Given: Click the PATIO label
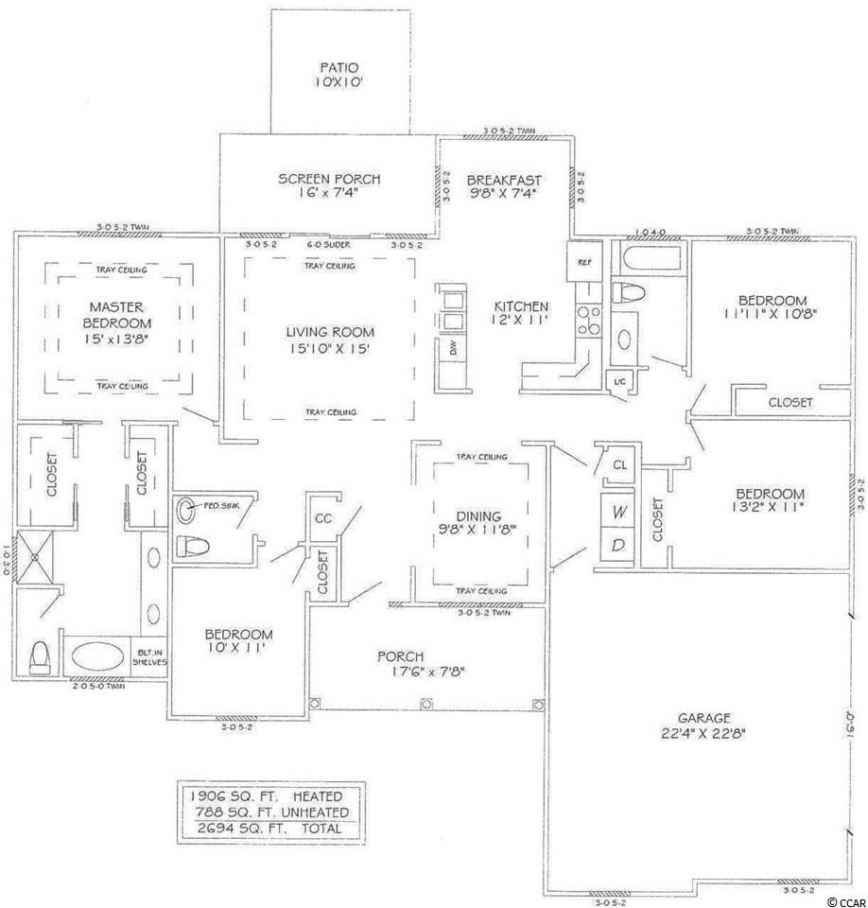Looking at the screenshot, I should click(340, 67).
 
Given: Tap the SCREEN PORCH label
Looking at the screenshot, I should click(329, 179).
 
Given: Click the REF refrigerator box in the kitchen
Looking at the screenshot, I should click(583, 262).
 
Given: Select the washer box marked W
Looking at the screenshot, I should click(619, 512).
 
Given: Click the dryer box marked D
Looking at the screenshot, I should click(619, 547).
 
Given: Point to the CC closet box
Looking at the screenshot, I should click(323, 519).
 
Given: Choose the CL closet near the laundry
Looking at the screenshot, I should click(620, 464).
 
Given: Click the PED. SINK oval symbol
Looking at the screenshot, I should click(186, 507).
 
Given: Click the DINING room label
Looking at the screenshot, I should click(479, 515).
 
